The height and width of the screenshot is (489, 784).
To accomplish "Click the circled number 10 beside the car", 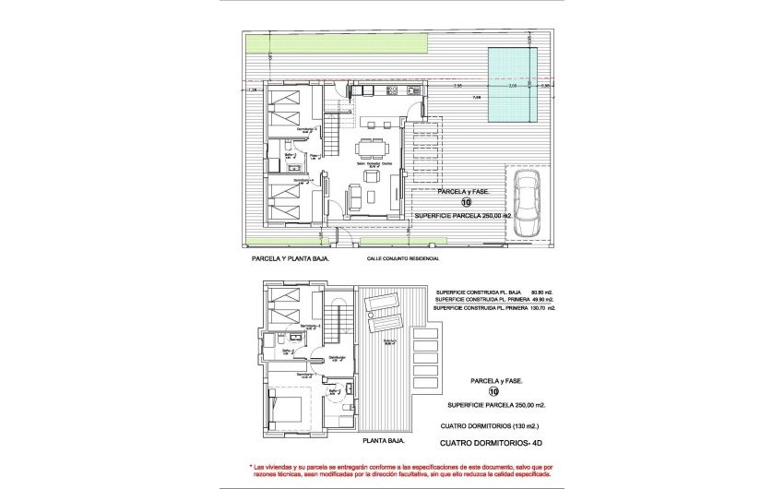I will point(466,202).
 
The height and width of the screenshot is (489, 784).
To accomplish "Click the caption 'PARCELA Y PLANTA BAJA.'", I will point(291,260).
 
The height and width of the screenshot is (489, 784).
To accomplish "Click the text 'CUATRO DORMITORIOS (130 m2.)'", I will point(491,426).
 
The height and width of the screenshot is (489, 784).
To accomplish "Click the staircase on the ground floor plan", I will point(337,143).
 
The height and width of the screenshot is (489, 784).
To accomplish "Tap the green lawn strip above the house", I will point(338,43).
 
